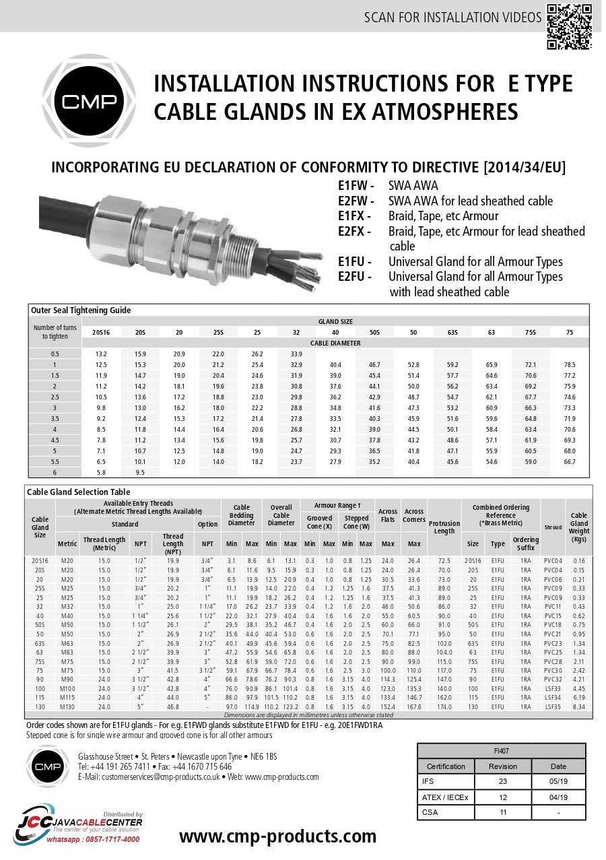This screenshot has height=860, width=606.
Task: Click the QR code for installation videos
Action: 569,26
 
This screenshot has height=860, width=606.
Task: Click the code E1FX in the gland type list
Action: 353,216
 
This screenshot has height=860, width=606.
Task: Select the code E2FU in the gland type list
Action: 353,277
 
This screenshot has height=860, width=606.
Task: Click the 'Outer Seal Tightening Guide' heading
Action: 81,310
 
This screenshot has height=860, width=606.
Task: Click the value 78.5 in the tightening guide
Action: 569,364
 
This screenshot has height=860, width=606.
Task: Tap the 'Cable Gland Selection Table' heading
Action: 78,492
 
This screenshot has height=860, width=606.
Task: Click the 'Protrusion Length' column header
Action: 444,527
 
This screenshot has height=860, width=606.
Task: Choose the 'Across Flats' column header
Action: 388,516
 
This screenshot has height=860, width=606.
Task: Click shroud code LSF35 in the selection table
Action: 553,707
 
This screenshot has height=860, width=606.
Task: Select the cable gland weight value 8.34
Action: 579,707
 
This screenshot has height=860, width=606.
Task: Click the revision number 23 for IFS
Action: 503,782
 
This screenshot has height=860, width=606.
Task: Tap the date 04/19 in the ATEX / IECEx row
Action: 558,797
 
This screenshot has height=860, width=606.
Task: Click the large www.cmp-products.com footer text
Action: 277,836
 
